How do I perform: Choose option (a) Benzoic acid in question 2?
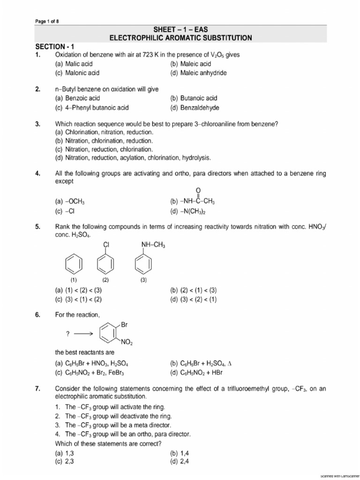(x=77, y=98)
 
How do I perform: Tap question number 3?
(x=39, y=124)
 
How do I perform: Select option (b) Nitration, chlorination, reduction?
(x=104, y=141)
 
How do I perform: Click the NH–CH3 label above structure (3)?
(x=153, y=245)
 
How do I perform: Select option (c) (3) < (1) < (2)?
(x=78, y=299)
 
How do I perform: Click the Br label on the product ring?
(x=124, y=324)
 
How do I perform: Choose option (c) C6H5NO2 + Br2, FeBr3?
(x=91, y=373)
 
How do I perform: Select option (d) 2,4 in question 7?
(x=180, y=462)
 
